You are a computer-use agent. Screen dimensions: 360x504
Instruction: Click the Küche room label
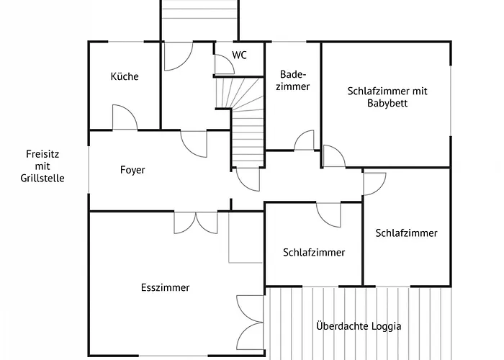[124, 77]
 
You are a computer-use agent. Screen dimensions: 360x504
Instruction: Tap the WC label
[239, 55]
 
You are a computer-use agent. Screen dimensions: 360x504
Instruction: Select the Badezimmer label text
[294, 80]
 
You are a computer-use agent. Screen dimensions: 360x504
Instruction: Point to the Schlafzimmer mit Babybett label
[387, 96]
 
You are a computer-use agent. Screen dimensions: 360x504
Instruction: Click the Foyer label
[132, 171]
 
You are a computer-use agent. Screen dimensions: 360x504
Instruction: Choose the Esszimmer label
[165, 287]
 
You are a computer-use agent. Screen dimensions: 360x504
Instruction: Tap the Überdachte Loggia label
[359, 326]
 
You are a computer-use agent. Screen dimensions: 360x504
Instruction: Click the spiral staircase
[245, 115]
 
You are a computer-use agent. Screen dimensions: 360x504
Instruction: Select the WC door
[224, 64]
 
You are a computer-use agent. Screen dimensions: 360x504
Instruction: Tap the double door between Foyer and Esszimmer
[195, 222]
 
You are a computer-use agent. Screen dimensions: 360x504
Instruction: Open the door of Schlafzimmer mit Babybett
[332, 156]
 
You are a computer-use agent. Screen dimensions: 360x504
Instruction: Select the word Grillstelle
[43, 178]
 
